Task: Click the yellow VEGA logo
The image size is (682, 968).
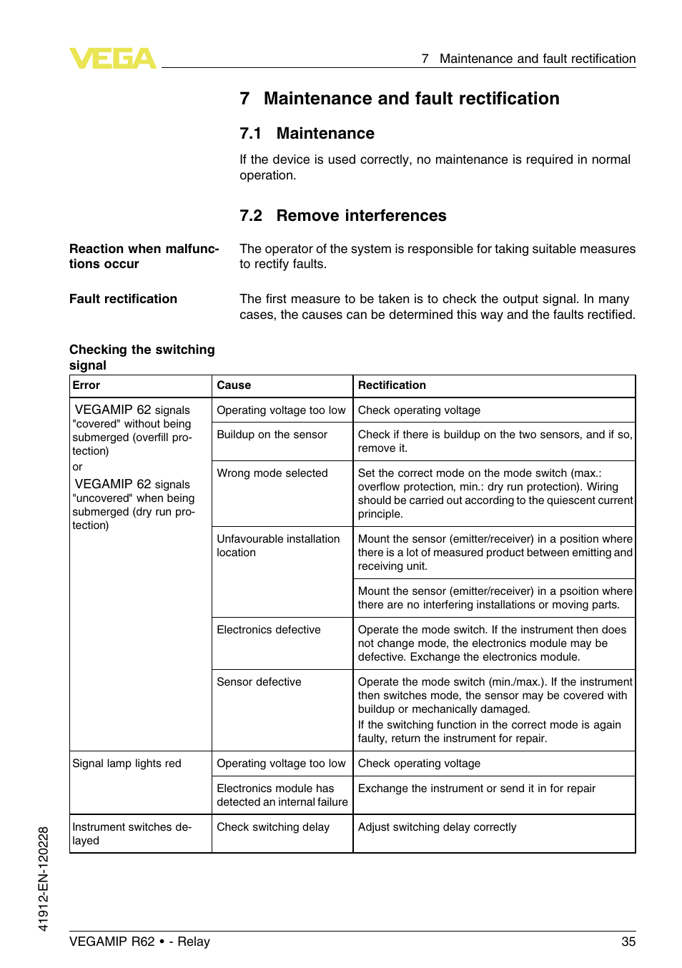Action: pyautogui.click(x=112, y=58)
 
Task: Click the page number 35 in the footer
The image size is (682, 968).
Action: pyautogui.click(x=628, y=942)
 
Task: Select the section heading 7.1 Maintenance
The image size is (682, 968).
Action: pyautogui.click(x=307, y=134)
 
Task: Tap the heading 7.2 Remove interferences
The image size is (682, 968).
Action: pyautogui.click(x=342, y=216)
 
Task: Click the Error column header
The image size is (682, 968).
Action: pyautogui.click(x=87, y=385)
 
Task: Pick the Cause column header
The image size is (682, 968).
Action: pyautogui.click(x=234, y=385)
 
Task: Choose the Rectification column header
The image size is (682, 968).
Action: pyautogui.click(x=392, y=385)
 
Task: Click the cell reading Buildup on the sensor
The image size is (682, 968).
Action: pyautogui.click(x=272, y=435)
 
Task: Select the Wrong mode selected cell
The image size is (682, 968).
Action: pyautogui.click(x=272, y=473)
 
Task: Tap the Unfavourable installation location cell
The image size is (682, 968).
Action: pyautogui.click(x=278, y=545)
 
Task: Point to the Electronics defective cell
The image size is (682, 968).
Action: pyautogui.click(x=269, y=630)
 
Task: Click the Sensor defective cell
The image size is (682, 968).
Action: pyautogui.click(x=259, y=682)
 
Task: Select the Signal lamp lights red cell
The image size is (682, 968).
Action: pyautogui.click(x=127, y=764)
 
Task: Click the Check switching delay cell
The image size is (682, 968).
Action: pyautogui.click(x=273, y=827)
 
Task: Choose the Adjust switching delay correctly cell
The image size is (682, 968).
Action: pyautogui.click(x=437, y=827)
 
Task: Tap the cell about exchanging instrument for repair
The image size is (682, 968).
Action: pyautogui.click(x=476, y=789)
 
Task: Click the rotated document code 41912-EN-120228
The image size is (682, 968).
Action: pyautogui.click(x=44, y=879)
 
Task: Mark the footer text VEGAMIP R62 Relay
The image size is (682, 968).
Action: pyautogui.click(x=139, y=942)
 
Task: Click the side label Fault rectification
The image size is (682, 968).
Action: pyautogui.click(x=123, y=299)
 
